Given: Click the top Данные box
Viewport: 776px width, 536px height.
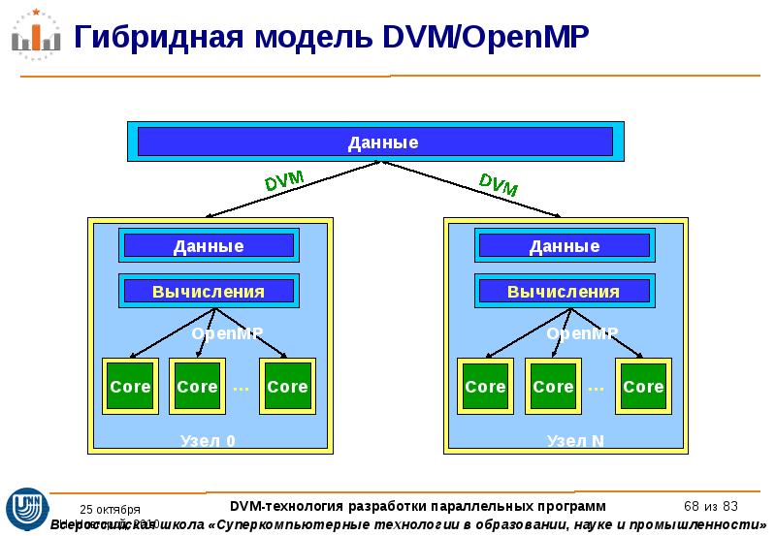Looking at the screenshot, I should (374, 142).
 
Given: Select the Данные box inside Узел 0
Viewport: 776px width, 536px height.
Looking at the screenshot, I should (209, 246).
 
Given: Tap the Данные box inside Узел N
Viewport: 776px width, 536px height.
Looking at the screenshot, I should (564, 246).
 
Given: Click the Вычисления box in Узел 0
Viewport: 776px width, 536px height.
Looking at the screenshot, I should (209, 291).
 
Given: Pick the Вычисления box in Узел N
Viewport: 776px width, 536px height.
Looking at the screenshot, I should (564, 291).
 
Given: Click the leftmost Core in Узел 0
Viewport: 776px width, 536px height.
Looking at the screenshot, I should (130, 387).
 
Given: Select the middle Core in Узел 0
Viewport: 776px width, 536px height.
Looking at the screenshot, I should (197, 387).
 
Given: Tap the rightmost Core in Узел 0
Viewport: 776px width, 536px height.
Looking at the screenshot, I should (287, 387).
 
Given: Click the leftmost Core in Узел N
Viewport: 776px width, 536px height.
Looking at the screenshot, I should (485, 387).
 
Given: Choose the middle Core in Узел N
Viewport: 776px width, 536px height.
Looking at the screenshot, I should (553, 387).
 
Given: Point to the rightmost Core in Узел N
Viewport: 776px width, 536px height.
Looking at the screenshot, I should (643, 387).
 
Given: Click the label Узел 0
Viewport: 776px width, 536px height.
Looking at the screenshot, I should (208, 441).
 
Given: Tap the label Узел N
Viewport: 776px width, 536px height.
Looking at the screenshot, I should (575, 441).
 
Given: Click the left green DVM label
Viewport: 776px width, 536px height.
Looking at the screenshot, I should (284, 181).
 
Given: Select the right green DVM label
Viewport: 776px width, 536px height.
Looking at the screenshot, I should (499, 183).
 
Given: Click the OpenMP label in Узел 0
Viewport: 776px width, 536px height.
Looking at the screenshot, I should (227, 333).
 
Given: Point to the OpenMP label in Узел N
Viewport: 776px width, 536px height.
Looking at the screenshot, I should (583, 333).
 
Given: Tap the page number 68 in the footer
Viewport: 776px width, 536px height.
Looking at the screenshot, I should (692, 506).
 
